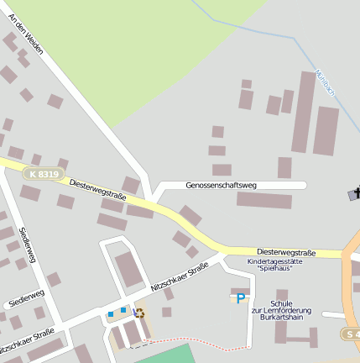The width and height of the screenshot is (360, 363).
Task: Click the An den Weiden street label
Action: point(26,36)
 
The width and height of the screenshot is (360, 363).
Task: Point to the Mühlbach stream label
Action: point(325,83)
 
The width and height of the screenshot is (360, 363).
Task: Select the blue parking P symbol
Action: point(241,298)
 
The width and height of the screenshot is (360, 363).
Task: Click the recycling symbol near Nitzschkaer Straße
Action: point(139,313)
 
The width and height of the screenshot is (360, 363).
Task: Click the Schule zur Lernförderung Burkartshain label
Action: point(280,309)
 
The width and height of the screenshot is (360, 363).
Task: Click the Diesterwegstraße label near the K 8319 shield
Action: point(97,189)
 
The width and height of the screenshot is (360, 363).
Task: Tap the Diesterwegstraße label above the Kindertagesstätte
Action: point(286,252)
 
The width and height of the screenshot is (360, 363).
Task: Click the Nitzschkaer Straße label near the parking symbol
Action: point(179,277)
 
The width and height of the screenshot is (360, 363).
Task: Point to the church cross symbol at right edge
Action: point(356,194)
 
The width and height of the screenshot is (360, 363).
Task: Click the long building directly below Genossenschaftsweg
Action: point(263,200)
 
